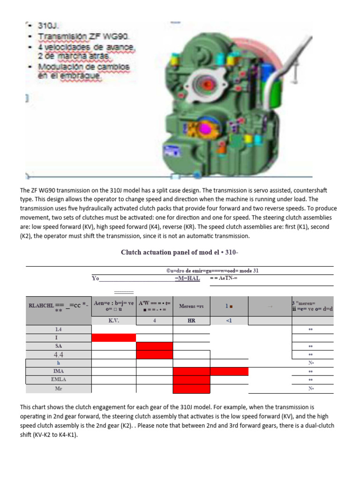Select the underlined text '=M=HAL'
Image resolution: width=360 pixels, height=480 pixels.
[x=187, y=278]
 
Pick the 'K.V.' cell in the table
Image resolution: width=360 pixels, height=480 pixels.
[x=113, y=321]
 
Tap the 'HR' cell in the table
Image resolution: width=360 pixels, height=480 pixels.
[x=191, y=321]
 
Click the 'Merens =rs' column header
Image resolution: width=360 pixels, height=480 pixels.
[x=191, y=306]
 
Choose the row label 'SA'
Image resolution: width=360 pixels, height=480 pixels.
[x=59, y=346]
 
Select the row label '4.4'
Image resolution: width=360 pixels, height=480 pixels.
[x=59, y=354]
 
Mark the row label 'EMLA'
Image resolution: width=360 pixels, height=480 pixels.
[x=59, y=380]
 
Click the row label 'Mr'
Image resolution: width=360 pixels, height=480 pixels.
[x=59, y=389]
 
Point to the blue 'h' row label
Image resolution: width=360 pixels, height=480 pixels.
[x=59, y=363]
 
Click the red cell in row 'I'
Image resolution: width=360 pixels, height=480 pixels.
[x=113, y=337]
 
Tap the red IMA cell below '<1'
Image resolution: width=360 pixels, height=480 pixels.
[x=229, y=371]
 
